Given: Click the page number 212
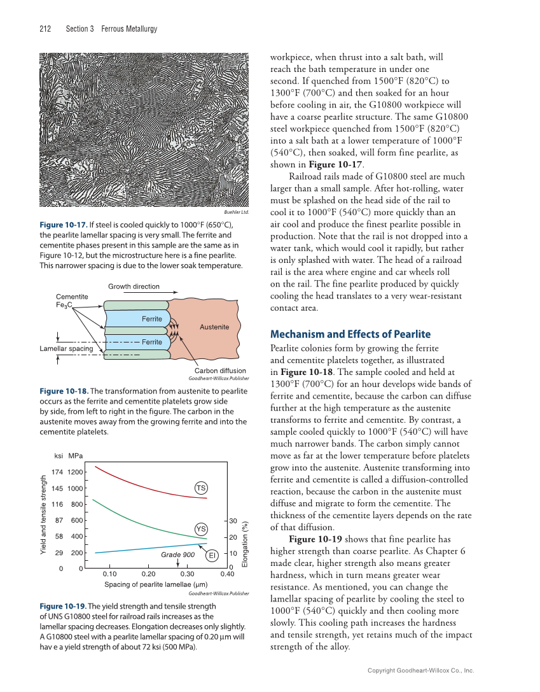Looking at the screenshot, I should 45,29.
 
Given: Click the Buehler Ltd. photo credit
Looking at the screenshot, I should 235,212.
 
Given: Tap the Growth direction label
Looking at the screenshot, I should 133,286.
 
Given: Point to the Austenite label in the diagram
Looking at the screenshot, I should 214,327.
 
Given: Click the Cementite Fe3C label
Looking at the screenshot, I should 72,300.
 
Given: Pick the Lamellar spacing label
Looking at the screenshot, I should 66,348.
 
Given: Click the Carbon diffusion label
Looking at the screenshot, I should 219,371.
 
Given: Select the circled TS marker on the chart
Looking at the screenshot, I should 201,488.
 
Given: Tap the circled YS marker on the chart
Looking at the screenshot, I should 201,529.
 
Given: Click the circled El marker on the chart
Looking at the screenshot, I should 212,555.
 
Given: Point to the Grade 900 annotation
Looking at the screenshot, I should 177,554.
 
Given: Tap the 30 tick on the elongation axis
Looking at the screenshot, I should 233,521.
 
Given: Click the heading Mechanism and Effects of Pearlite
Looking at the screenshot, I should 350,334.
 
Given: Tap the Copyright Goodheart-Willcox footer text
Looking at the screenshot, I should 421,670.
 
